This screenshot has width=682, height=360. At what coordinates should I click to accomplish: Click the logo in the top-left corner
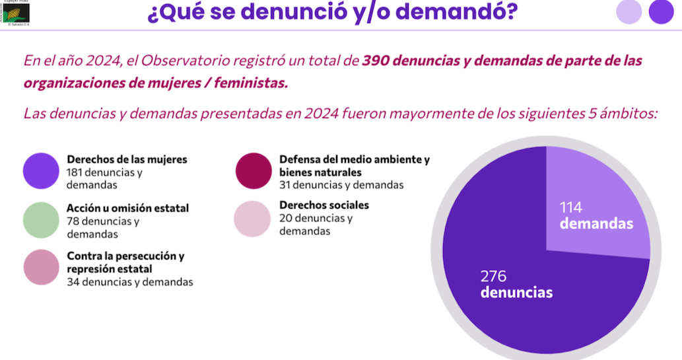(16, 12)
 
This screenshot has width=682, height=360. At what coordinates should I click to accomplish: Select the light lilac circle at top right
(629, 12)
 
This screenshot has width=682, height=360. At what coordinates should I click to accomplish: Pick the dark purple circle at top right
(660, 12)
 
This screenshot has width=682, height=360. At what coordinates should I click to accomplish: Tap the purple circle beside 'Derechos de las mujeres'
(42, 171)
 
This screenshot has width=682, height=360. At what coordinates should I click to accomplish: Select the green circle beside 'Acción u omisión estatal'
(42, 220)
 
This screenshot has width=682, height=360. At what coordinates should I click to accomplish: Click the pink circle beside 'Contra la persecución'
(42, 267)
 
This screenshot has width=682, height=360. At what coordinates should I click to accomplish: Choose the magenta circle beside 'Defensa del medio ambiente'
(254, 171)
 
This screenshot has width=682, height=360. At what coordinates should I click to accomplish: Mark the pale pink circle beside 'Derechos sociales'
(252, 218)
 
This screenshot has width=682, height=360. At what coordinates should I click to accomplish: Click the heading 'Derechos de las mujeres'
(127, 159)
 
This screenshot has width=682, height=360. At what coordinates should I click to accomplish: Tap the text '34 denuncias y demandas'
(130, 282)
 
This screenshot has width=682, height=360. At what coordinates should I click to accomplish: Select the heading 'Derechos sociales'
(324, 205)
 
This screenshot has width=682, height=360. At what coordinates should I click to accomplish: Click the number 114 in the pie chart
(571, 207)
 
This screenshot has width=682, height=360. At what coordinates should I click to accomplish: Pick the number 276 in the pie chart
(493, 276)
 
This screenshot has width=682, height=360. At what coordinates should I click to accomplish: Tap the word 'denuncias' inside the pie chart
(516, 292)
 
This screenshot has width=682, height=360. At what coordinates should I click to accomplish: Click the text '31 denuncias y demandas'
(341, 185)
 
